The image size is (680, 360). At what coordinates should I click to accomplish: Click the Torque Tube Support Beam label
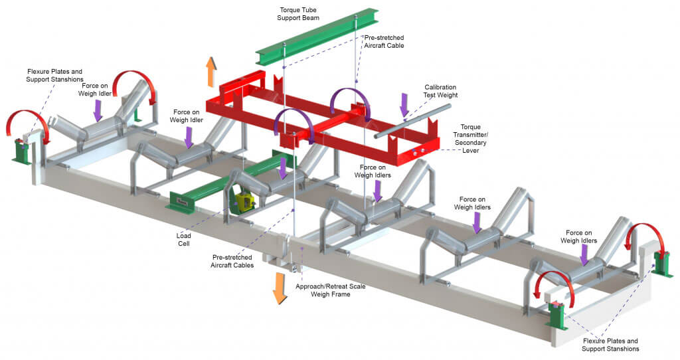coord(298,13)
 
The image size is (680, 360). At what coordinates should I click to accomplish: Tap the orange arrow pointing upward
coord(211,72)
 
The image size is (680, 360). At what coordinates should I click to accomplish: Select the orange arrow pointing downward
coord(280,288)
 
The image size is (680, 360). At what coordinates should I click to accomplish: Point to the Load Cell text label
coord(183,239)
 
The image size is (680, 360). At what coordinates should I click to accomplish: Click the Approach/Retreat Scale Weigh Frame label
coord(330,290)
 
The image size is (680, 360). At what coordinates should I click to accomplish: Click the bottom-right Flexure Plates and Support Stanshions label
coord(610,344)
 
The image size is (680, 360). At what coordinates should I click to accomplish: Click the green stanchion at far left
coord(21,151)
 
